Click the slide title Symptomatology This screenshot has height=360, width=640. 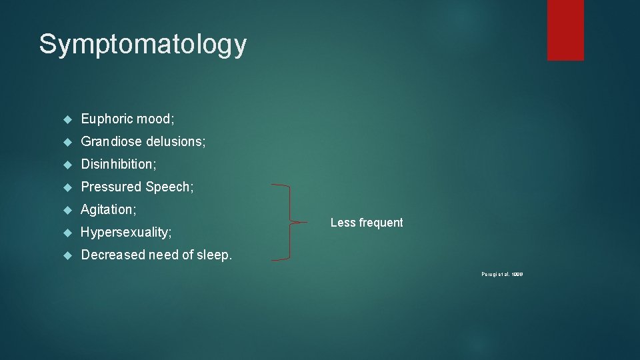click(143, 45)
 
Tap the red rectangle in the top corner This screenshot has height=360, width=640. click(565, 30)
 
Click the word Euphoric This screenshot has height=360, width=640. click(107, 119)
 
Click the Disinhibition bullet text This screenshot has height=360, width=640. click(123, 164)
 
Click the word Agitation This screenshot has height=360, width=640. click(108, 209)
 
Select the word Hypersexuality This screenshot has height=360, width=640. click(126, 232)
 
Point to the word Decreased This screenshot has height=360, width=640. click(112, 255)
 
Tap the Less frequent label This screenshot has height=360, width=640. click(367, 223)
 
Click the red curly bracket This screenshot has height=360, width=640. click(291, 222)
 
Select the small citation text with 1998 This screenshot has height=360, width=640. click(501, 274)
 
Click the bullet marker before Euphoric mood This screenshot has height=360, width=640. click(67, 119)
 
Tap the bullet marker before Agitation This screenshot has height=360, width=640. click(67, 210)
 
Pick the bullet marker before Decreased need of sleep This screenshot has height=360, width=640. click(67, 255)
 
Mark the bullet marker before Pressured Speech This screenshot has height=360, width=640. click(67, 187)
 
